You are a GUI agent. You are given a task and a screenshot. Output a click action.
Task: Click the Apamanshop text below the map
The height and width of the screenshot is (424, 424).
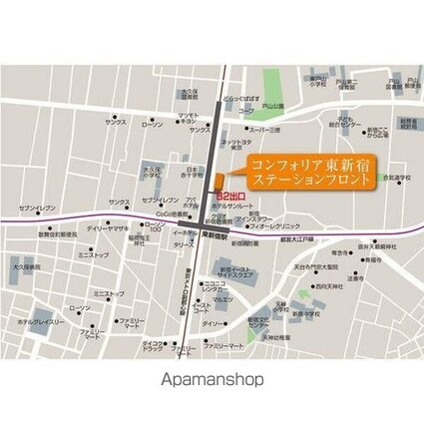212,380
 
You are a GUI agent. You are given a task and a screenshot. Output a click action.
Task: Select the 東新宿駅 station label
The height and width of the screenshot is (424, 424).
211,236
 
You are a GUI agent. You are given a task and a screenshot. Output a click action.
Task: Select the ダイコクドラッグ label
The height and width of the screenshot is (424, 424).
153,346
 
